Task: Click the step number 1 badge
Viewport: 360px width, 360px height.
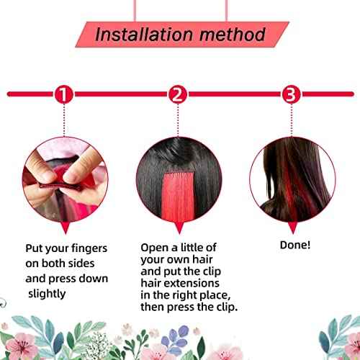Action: point(63,94)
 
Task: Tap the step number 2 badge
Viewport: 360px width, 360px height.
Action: point(178,94)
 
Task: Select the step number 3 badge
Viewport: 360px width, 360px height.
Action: point(290,94)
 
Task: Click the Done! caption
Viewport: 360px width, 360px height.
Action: point(295,245)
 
